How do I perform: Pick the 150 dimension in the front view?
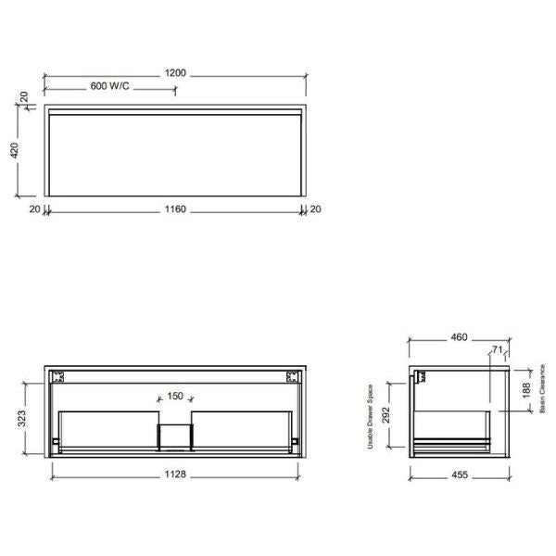pos(174,398)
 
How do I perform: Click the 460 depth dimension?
pos(459,337)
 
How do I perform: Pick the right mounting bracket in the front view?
pos(292,377)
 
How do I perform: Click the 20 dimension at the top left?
pos(24,96)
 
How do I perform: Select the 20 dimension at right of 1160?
pos(314,209)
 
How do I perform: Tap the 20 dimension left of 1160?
pos(34,209)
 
